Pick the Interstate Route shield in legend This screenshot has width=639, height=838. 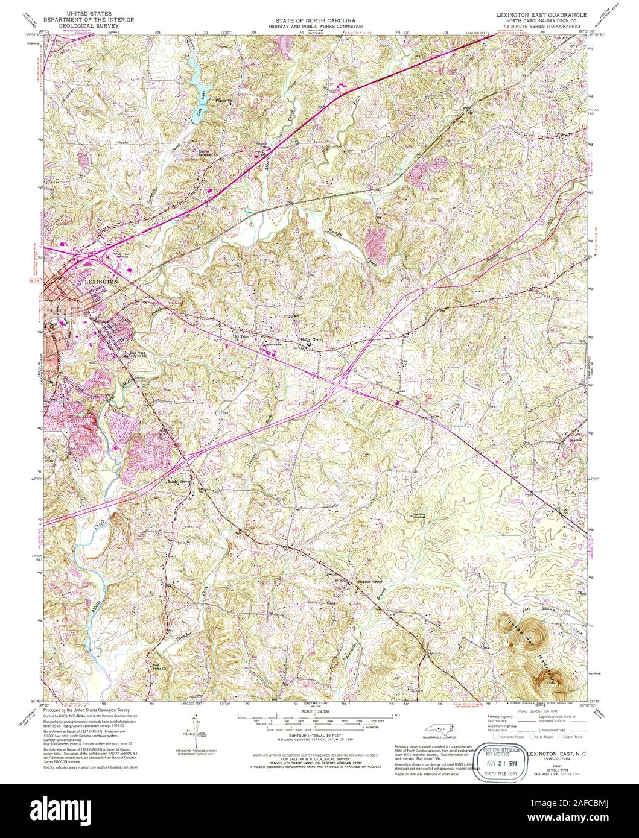pyautogui.click(x=497, y=737)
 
